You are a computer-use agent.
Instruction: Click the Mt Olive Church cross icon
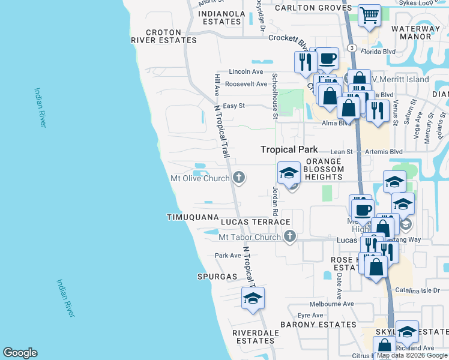(239, 178)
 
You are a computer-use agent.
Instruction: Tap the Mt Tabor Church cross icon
(290, 236)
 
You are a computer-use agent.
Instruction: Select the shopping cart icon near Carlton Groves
(370, 16)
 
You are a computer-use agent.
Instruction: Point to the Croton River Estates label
(164, 36)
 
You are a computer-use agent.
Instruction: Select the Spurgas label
(217, 277)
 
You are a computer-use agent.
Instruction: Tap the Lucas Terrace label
(255, 222)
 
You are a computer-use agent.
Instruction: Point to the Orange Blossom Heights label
(323, 169)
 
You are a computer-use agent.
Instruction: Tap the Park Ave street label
(228, 255)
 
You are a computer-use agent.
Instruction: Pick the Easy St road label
(234, 106)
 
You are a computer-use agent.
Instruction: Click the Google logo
(20, 353)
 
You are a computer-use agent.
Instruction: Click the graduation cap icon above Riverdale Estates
(253, 299)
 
